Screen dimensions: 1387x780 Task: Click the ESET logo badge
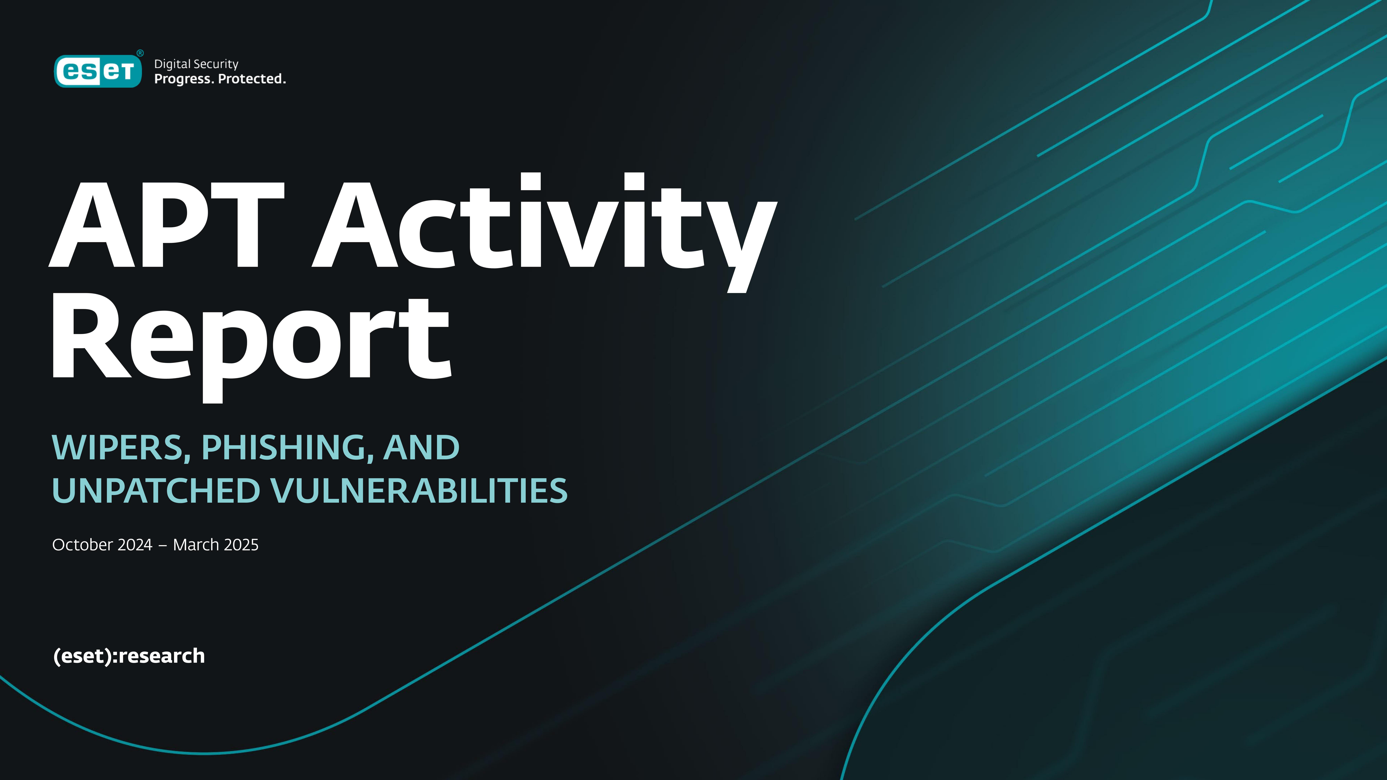[x=98, y=71]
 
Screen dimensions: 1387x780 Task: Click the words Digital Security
[x=196, y=64]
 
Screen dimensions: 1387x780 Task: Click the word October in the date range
[x=82, y=545]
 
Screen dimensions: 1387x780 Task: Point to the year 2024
[x=135, y=545]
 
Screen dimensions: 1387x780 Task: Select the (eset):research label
[x=129, y=656]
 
